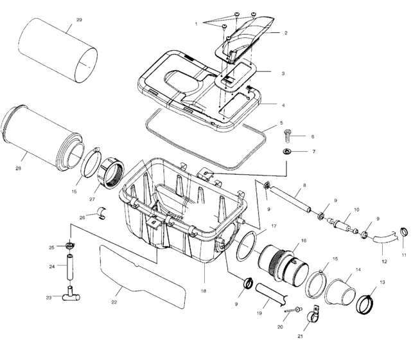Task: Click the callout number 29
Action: pos(79,21)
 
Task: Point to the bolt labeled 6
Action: pos(288,136)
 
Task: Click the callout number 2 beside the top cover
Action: pos(285,32)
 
